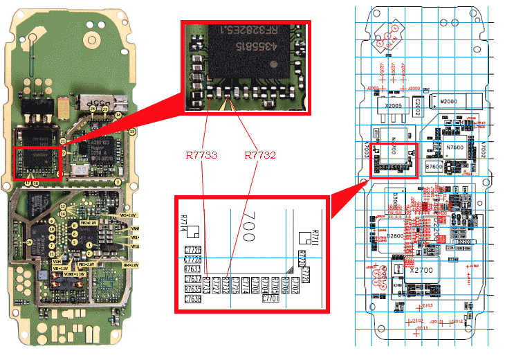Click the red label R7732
259,156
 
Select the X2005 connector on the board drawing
394,106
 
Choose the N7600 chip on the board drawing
454,147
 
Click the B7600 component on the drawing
434,167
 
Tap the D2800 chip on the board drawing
394,236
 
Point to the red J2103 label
428,305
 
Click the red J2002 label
414,89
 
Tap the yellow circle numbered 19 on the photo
29,242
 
